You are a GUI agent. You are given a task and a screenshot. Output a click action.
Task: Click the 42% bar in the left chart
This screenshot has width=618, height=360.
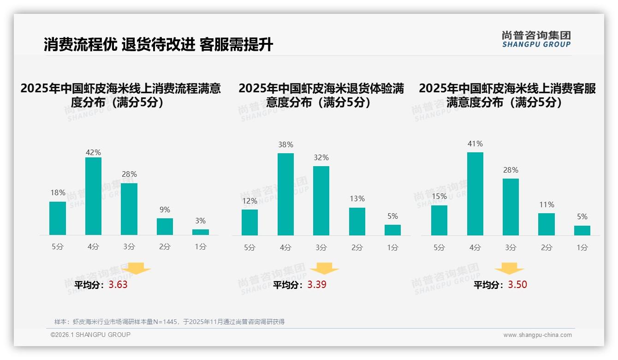[x=93, y=196]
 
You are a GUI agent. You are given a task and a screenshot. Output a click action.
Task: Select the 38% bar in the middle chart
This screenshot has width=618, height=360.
[x=285, y=194]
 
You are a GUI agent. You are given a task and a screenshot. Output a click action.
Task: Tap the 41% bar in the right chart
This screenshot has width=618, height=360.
[x=475, y=194]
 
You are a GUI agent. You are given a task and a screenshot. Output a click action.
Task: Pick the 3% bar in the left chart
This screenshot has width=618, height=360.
[x=201, y=232]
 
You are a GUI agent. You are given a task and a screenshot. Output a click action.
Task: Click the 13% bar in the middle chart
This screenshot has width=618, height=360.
[x=357, y=222]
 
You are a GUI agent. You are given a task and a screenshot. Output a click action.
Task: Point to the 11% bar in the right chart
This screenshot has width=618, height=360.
[x=547, y=224]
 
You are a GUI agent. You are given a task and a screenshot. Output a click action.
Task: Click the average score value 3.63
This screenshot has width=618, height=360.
[x=118, y=285]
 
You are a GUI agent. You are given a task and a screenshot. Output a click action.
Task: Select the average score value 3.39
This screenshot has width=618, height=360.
[x=317, y=285]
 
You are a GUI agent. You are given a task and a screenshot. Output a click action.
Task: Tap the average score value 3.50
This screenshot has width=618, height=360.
[x=517, y=285]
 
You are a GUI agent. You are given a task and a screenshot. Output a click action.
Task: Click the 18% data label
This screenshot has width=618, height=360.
[x=58, y=193]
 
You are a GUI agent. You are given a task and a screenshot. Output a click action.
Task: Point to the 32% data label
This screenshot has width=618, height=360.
[x=321, y=158]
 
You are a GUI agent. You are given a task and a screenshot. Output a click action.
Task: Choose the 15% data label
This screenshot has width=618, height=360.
[x=439, y=197]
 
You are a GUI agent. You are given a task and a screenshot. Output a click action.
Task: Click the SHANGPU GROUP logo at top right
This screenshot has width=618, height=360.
[x=536, y=39]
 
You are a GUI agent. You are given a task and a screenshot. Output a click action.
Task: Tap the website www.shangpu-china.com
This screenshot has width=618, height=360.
[x=537, y=335]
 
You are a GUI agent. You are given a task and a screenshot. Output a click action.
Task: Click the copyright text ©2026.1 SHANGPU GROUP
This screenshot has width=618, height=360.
[x=90, y=335]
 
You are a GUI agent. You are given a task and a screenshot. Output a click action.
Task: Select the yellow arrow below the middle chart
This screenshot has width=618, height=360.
[x=324, y=269]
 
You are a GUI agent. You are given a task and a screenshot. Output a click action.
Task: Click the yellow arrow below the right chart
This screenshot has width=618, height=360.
[x=509, y=269]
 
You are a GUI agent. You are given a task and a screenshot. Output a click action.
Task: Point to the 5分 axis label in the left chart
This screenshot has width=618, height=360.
[x=58, y=247]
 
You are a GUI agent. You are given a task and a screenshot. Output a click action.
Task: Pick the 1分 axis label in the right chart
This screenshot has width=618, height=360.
[x=582, y=248]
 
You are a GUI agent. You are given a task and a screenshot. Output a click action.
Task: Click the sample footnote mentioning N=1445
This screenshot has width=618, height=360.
[x=169, y=322]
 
